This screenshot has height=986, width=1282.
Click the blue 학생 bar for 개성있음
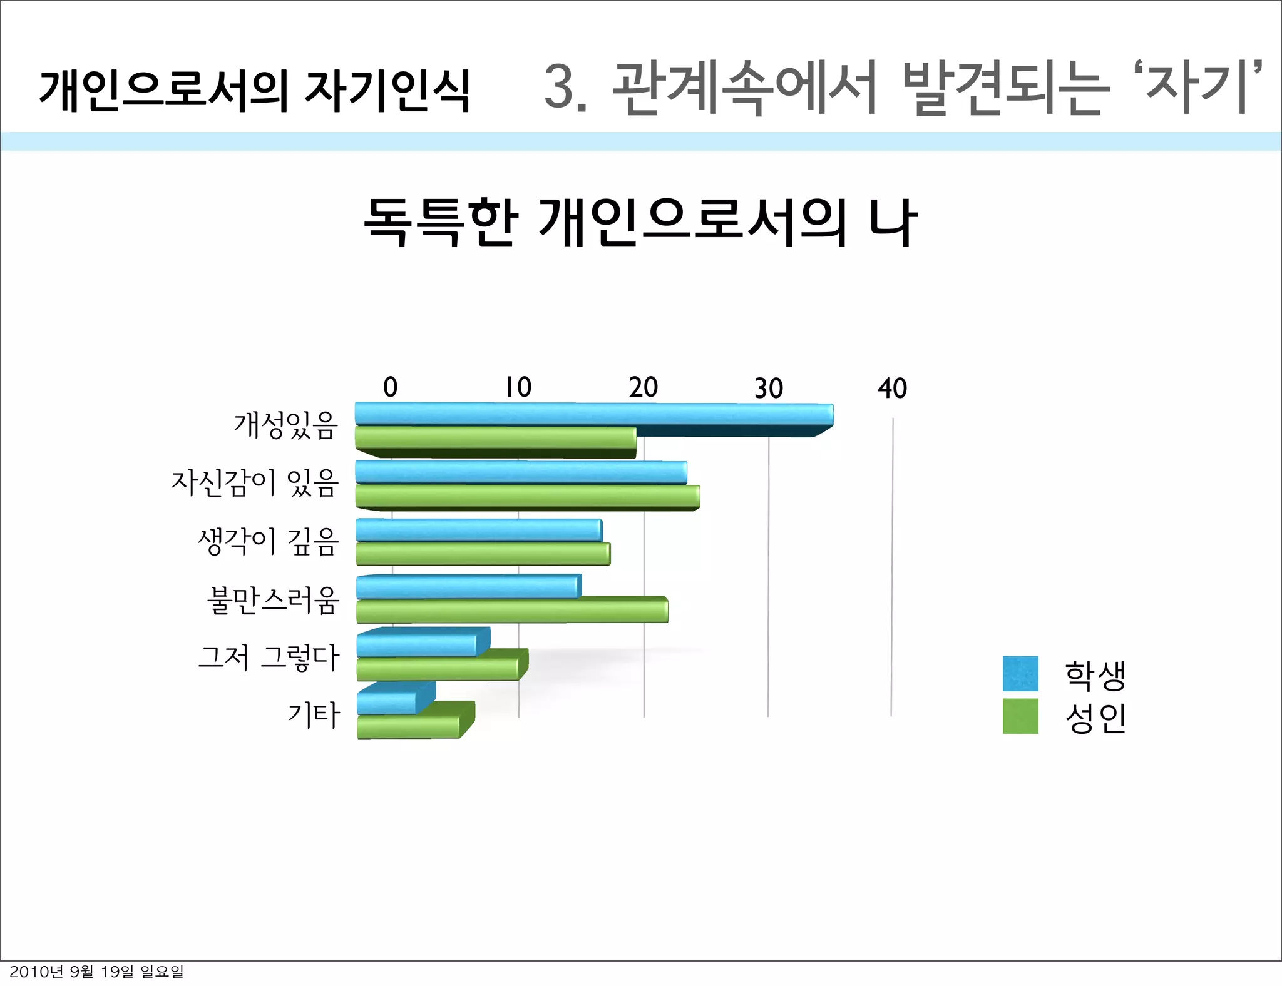pyautogui.click(x=593, y=414)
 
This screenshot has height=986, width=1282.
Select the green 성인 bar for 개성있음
pyautogui.click(x=495, y=438)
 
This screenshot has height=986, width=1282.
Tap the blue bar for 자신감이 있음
pyautogui.click(x=521, y=472)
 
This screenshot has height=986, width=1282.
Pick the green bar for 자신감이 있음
pyautogui.click(x=527, y=497)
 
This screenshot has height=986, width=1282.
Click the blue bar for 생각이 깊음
pyautogui.click(x=479, y=531)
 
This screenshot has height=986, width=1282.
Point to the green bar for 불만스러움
pyautogui.click(x=512, y=611)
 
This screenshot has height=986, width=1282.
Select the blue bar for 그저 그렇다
pyautogui.click(x=417, y=644)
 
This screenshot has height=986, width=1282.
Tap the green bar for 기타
pyautogui.click(x=409, y=726)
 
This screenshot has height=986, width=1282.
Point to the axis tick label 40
pyautogui.click(x=892, y=389)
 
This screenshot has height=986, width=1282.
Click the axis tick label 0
pyautogui.click(x=390, y=387)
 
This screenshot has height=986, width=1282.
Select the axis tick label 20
pyautogui.click(x=644, y=388)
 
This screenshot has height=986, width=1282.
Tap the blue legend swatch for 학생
pyautogui.click(x=1020, y=673)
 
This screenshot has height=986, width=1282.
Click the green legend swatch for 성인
pyautogui.click(x=1020, y=716)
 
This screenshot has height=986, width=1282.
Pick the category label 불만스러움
pyautogui.click(x=273, y=601)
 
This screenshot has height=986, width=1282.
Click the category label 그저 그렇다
pyautogui.click(x=269, y=658)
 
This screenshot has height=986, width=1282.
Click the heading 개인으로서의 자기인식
pyautogui.click(x=254, y=91)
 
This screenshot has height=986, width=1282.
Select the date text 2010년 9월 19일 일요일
pyautogui.click(x=97, y=972)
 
